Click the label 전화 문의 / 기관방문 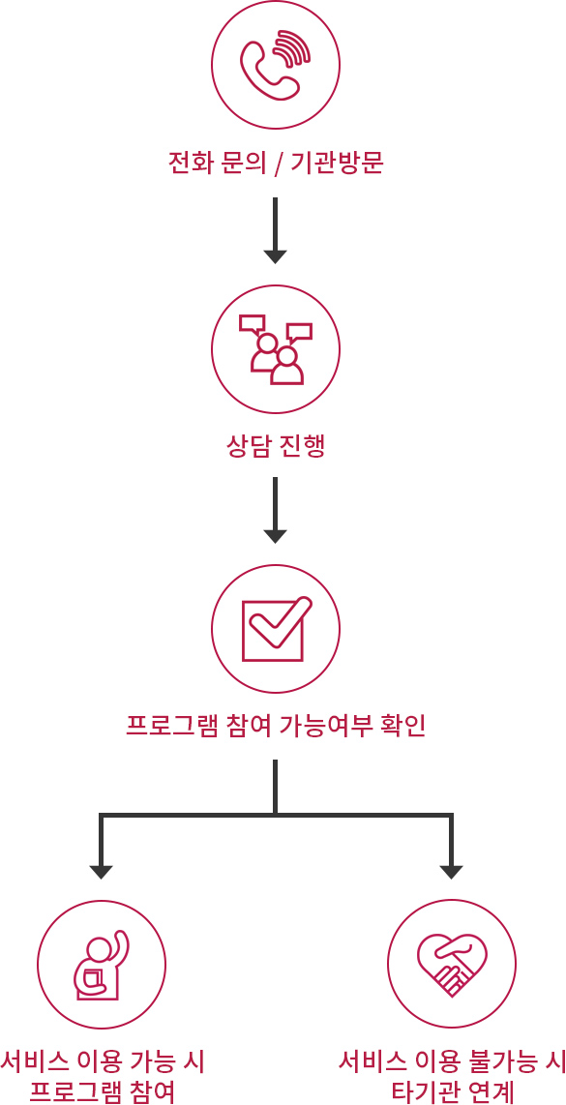(x=276, y=164)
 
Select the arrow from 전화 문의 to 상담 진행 (x=275, y=230)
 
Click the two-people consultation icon (x=276, y=349)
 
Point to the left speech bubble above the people (x=253, y=323)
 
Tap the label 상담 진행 (x=276, y=446)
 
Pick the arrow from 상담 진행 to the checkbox (x=275, y=510)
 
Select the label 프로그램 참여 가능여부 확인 (x=276, y=725)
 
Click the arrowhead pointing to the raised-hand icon (x=102, y=871)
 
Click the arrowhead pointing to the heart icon (x=451, y=871)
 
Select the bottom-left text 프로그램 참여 (x=103, y=1090)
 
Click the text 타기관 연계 (x=452, y=1090)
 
